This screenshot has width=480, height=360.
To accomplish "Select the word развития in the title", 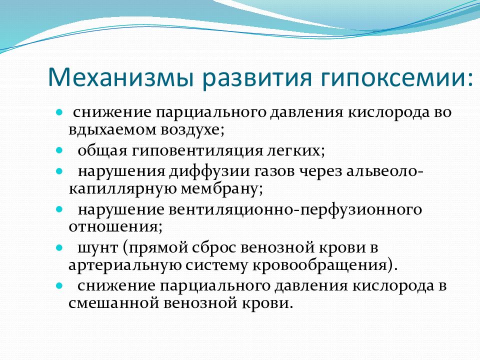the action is (257, 78).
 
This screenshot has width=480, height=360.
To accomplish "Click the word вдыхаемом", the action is (112, 129).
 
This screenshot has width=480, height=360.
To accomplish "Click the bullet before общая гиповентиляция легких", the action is (59, 150).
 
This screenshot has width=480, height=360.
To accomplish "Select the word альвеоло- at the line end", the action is (385, 171).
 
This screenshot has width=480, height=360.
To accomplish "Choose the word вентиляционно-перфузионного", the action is (295, 209).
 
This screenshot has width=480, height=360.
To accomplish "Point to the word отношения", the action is (113, 227).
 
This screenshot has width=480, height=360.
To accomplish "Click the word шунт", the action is (97, 248).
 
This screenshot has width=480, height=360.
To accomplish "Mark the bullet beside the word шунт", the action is (59, 247).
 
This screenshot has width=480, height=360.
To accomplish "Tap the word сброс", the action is (214, 247).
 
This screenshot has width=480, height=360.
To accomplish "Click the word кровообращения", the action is (320, 265).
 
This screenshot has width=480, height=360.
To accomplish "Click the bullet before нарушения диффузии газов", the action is (59, 171).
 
